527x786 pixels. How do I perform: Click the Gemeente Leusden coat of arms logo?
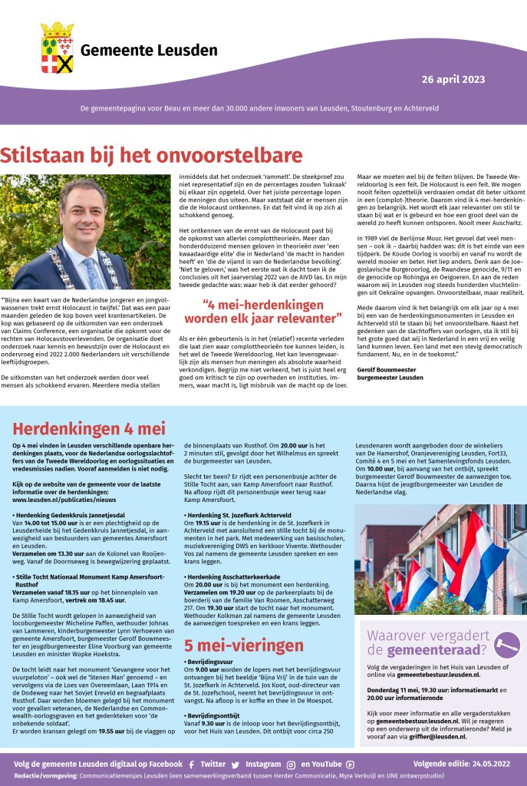pyautogui.click(x=57, y=47)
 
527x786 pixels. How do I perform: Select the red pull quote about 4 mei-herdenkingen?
pyautogui.click(x=272, y=310)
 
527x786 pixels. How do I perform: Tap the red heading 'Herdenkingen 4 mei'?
pyautogui.click(x=89, y=428)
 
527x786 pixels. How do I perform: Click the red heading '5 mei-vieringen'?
pyautogui.click(x=243, y=645)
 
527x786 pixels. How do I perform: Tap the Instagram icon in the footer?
pyautogui.click(x=291, y=765)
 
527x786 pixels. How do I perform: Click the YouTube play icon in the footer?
pyautogui.click(x=350, y=765)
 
